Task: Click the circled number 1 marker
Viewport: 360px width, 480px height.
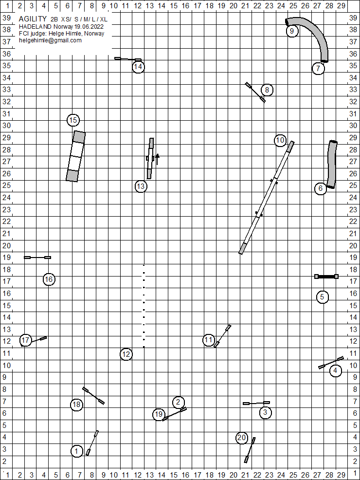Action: (77, 451)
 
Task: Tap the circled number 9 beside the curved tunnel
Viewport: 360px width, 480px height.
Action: (291, 31)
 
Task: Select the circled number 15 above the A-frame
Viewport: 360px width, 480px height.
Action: (73, 120)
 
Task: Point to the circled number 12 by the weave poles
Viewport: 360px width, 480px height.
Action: (126, 354)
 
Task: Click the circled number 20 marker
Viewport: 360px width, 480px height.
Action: (242, 438)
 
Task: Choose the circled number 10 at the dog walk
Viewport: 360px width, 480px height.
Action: (280, 141)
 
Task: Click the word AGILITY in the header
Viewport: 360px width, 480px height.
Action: (33, 18)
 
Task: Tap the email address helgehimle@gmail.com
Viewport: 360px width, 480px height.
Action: (50, 40)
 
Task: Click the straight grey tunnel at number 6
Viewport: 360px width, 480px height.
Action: (332, 164)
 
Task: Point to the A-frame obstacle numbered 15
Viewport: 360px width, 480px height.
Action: (76, 156)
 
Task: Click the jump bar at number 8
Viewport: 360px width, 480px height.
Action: (255, 92)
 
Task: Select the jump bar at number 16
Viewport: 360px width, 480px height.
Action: (37, 257)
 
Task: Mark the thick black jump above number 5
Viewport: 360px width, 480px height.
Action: (326, 277)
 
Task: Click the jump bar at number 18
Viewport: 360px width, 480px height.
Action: (93, 395)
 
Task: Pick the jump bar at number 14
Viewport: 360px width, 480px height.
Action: (128, 59)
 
